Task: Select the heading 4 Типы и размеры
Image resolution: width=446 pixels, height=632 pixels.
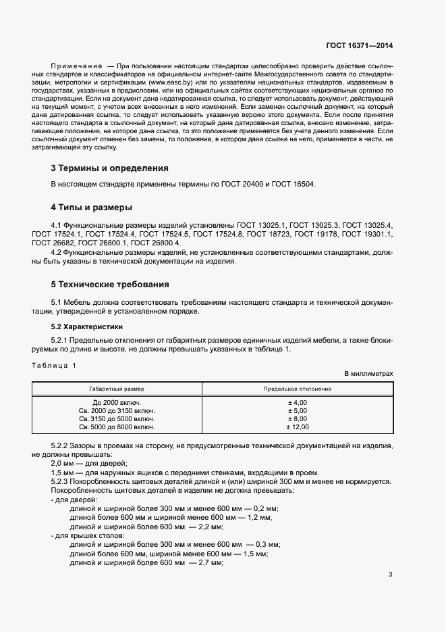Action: point(91,207)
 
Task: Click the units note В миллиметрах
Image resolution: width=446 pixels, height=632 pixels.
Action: point(368,373)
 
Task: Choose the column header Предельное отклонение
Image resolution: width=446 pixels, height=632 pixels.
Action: point(297,389)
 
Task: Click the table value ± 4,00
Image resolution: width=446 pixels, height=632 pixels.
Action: point(297,403)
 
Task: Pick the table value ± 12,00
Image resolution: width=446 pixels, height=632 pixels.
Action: point(297,427)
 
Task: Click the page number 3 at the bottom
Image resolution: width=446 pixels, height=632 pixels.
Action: point(390,575)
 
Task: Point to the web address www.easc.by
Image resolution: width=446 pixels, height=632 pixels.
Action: point(169,82)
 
